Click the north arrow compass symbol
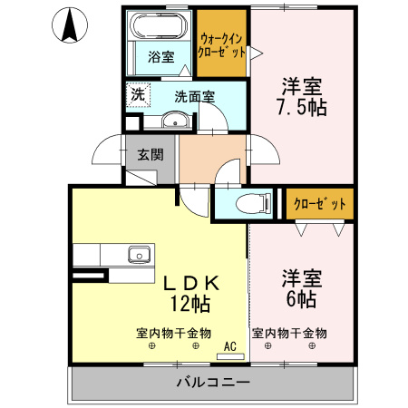click(x=69, y=25)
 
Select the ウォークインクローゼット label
click(x=222, y=44)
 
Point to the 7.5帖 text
click(x=303, y=106)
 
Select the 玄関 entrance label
click(x=151, y=154)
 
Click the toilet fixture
click(x=250, y=204)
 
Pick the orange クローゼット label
click(x=320, y=204)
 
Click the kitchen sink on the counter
click(x=138, y=253)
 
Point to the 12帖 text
click(x=189, y=302)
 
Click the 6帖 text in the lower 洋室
click(x=302, y=298)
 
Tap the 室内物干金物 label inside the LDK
click(x=173, y=333)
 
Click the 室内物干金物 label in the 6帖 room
click(x=289, y=333)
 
